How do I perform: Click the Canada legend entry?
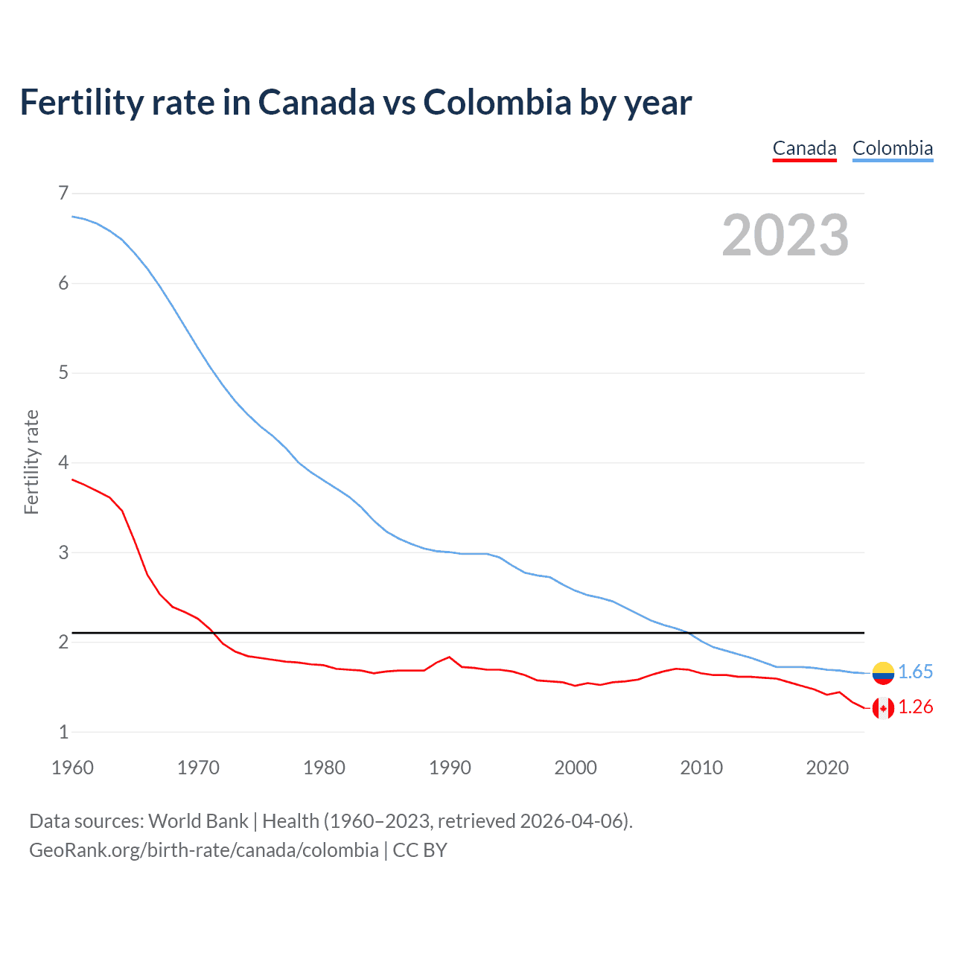click(x=804, y=148)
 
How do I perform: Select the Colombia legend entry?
click(x=892, y=148)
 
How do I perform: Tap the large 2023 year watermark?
click(x=785, y=235)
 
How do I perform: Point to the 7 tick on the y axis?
click(x=63, y=194)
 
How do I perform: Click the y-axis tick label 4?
click(x=63, y=462)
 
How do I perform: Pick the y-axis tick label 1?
click(x=63, y=732)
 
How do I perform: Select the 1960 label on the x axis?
click(x=72, y=768)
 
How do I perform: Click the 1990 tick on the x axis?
click(x=450, y=768)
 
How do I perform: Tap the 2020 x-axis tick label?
click(x=827, y=768)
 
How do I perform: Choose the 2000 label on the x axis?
click(x=576, y=768)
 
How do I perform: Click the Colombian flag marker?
click(x=883, y=672)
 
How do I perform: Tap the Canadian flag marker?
click(x=883, y=708)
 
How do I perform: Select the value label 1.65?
click(x=915, y=672)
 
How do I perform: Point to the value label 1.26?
click(x=915, y=707)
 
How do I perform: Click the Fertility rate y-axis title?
click(x=31, y=462)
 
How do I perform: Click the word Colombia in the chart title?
click(x=497, y=102)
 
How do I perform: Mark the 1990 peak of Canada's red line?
click(x=449, y=657)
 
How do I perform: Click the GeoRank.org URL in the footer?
click(x=203, y=850)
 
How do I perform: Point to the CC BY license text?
click(x=420, y=850)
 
